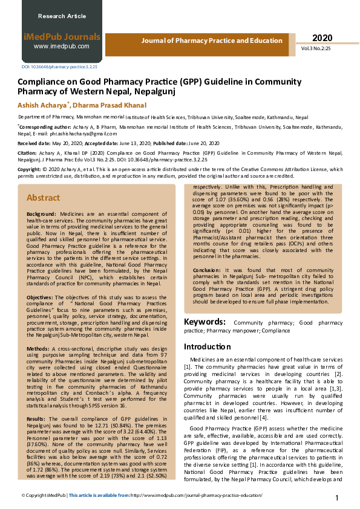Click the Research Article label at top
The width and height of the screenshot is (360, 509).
[62, 16]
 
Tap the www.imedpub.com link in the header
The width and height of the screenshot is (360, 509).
[61, 47]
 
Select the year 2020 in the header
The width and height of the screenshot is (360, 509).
[322, 38]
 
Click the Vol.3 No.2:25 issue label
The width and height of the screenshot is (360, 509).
[322, 48]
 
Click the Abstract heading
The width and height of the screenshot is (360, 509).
[43, 198]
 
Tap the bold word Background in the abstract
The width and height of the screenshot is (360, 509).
[41, 215]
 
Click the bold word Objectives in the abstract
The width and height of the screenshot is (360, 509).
[40, 297]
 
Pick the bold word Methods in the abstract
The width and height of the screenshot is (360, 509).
[38, 349]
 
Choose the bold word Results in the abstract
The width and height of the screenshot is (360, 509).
[36, 418]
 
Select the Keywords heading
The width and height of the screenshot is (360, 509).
[205, 322]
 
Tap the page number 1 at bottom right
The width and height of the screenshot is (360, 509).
[337, 498]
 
